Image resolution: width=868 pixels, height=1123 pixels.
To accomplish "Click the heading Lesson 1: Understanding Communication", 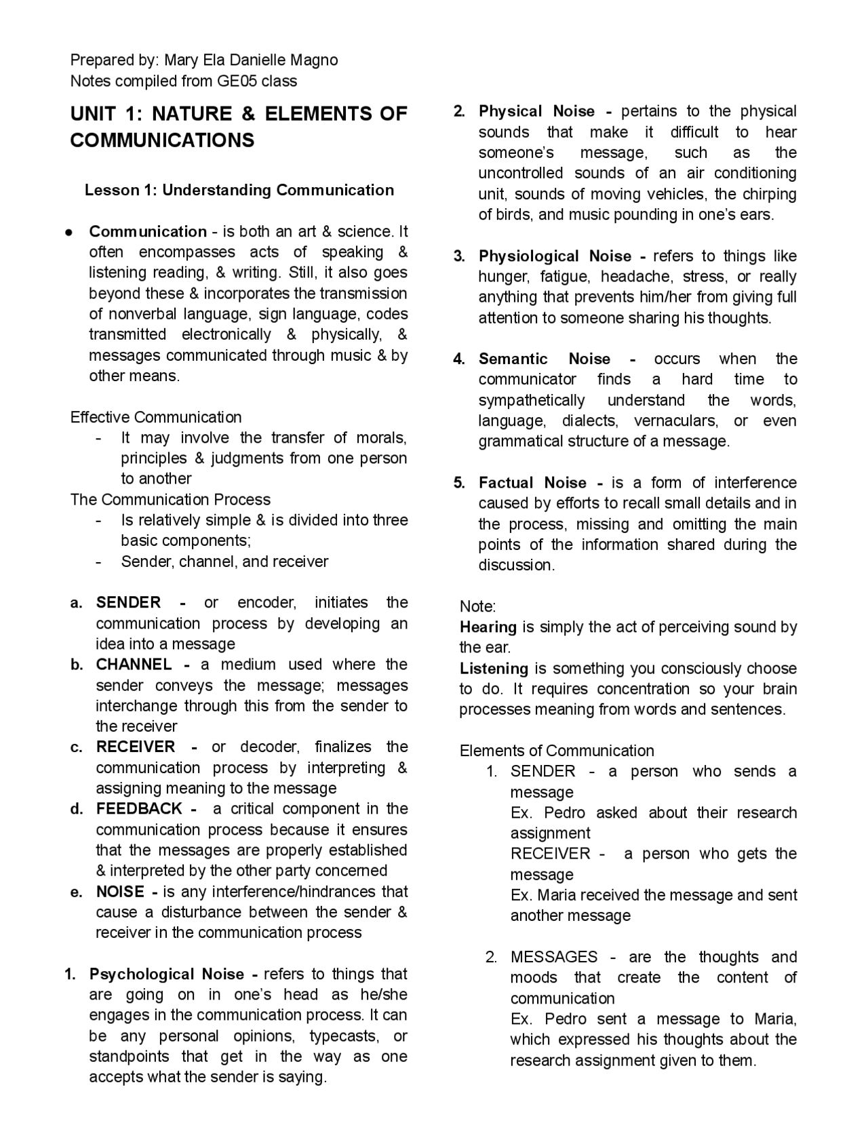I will pos(239,190).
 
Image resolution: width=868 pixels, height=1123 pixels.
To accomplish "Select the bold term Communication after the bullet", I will pos(148,231).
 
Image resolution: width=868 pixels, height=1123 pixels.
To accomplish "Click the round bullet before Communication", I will pos(69,232).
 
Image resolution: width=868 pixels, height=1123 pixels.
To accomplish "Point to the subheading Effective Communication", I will pos(156,417).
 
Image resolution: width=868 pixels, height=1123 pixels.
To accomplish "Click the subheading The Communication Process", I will pos(170,500).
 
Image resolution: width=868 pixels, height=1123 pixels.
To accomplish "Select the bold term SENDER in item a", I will pos(128,602).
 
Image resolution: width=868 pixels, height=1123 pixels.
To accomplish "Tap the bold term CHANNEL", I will pos(134,665).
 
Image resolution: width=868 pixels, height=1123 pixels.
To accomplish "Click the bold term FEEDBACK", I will pos(139,808).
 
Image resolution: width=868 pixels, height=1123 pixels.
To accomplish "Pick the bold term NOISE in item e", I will pos(120,891).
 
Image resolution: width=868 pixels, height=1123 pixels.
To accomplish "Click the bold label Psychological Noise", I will pos(166,974).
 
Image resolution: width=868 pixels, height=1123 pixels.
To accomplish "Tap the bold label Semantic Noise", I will pos(544,359).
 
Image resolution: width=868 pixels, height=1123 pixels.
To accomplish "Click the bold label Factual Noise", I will pos(532,482).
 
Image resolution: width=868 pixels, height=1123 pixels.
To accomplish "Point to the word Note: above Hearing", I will pos(477,606).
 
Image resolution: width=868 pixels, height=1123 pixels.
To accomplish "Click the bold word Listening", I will pos(494,668).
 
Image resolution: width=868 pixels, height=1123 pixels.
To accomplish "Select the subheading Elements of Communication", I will pos(557,751).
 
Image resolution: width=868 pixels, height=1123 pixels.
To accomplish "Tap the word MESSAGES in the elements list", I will pos(554,957).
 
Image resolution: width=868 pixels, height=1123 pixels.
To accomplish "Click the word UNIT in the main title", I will pos(93,113).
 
